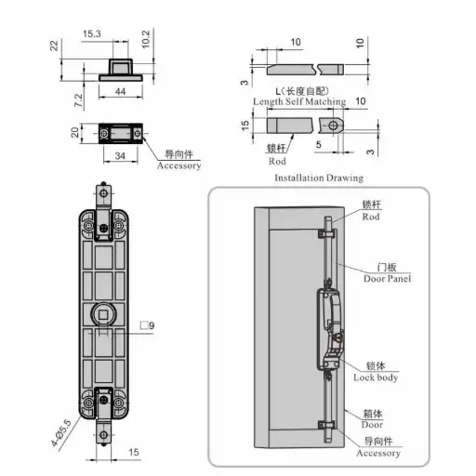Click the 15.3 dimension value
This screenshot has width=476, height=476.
pyautogui.click(x=92, y=33)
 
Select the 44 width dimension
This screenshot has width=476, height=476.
pyautogui.click(x=121, y=91)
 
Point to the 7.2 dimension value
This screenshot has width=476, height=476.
pyautogui.click(x=79, y=100)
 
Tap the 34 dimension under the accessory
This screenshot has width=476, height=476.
pyautogui.click(x=120, y=156)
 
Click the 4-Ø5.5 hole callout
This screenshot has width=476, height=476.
pyautogui.click(x=61, y=433)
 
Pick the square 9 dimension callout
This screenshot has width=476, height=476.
pyautogui.click(x=147, y=325)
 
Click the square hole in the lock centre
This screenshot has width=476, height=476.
pyautogui.click(x=103, y=315)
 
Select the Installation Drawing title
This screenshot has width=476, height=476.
pyautogui.click(x=319, y=178)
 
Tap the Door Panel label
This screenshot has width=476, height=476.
pyautogui.click(x=388, y=279)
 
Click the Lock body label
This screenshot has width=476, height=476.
pyautogui.click(x=376, y=377)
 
